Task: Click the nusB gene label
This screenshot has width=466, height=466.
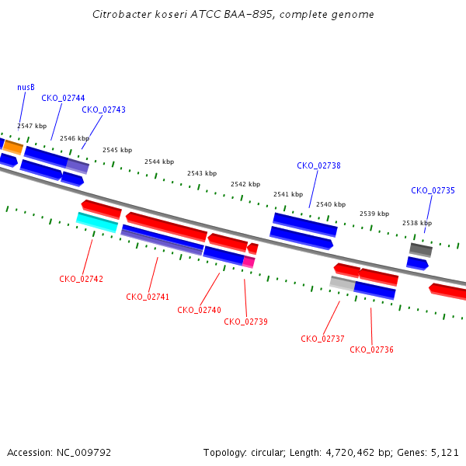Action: click(x=26, y=87)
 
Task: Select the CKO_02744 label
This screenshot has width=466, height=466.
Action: click(x=63, y=98)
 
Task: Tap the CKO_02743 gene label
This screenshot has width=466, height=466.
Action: click(x=104, y=110)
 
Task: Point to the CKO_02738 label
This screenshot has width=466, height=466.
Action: click(x=318, y=165)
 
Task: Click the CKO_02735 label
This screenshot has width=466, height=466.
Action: click(x=433, y=190)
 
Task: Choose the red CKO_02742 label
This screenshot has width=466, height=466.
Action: click(x=81, y=279)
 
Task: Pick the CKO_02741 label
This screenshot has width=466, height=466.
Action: click(x=148, y=297)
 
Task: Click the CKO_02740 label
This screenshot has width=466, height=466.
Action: click(x=199, y=310)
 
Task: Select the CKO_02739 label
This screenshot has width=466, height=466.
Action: click(x=245, y=322)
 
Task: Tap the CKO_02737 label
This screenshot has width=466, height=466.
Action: click(x=322, y=339)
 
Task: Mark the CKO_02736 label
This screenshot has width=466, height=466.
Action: click(x=371, y=349)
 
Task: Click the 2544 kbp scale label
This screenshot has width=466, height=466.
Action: click(x=159, y=162)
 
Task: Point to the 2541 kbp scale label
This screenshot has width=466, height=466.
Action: click(x=288, y=194)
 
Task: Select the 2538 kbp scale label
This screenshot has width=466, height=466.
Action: click(x=417, y=223)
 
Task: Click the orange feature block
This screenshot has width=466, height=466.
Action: click(x=13, y=148)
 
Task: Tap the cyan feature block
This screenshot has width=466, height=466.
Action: click(x=97, y=223)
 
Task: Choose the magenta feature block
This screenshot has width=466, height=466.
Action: click(x=249, y=263)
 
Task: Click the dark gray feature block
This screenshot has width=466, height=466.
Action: click(x=421, y=250)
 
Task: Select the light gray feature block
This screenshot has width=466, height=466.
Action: click(x=343, y=283)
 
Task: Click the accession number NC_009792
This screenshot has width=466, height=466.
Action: click(x=84, y=453)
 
